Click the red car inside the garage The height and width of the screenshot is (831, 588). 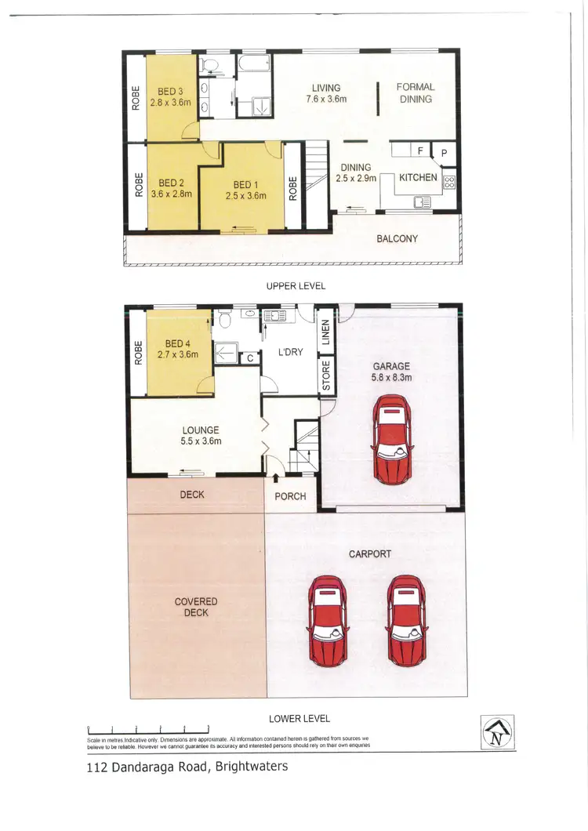390,440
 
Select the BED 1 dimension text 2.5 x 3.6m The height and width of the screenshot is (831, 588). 245,196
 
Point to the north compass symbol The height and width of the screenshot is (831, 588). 497,733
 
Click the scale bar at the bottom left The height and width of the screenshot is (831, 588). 148,730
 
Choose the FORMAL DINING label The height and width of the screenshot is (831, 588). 415,93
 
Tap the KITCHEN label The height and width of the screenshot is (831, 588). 418,178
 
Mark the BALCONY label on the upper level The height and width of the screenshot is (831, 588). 397,238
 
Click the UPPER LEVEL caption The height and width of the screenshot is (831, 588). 296,286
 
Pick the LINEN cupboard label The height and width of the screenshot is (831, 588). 325,333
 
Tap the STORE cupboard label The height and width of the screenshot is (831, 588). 325,376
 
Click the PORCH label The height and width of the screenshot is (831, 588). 290,496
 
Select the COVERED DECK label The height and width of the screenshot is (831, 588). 196,607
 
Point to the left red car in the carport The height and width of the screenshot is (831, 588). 328,619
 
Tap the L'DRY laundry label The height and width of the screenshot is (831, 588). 290,352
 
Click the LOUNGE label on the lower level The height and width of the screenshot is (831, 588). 201,430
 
